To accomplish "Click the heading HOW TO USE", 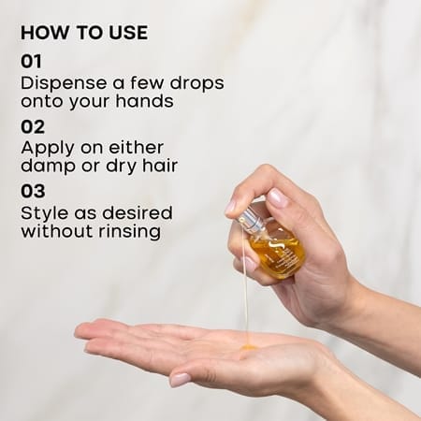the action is tap(84, 33).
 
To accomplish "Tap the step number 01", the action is tap(31, 61).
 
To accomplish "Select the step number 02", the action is tap(33, 127).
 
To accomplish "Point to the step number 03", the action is tap(33, 191).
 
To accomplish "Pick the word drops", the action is tap(196, 84).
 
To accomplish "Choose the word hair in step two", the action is tap(160, 166).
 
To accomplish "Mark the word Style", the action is tap(45, 214).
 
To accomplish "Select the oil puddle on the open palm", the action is tap(249, 347).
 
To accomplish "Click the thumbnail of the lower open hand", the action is tap(181, 380).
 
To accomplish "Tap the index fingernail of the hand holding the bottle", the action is tap(278, 196).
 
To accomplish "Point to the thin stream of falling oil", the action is tap(246, 287).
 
